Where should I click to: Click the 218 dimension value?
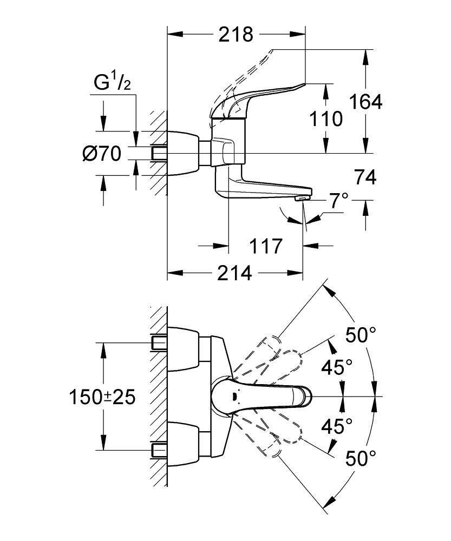[236, 35]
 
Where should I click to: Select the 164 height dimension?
[365, 101]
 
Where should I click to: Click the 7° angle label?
[338, 201]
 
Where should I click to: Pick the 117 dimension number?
[266, 246]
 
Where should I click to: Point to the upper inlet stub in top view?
[159, 342]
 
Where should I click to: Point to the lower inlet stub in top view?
[159, 450]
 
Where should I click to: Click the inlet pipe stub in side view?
[159, 153]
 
